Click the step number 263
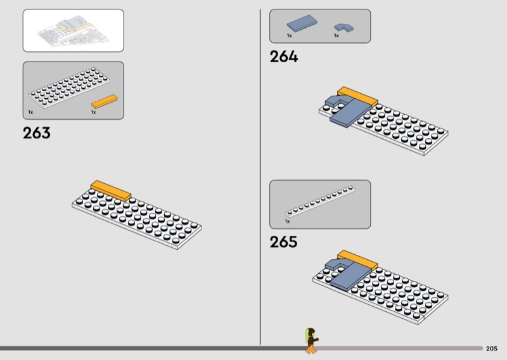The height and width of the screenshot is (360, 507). click(36, 134)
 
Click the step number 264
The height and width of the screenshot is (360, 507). click(283, 57)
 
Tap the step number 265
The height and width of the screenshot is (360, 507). click(283, 242)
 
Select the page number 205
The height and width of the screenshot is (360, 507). click(492, 349)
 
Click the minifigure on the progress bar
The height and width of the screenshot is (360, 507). click(311, 341)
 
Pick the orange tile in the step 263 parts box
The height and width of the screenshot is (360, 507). click(105, 101)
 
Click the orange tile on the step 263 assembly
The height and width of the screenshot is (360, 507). click(111, 190)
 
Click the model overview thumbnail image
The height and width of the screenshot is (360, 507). click(73, 30)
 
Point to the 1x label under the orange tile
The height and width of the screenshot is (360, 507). click(93, 112)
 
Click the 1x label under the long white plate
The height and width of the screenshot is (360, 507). click(287, 222)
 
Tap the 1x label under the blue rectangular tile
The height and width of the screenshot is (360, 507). click(289, 36)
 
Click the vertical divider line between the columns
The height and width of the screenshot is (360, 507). click(260, 177)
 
